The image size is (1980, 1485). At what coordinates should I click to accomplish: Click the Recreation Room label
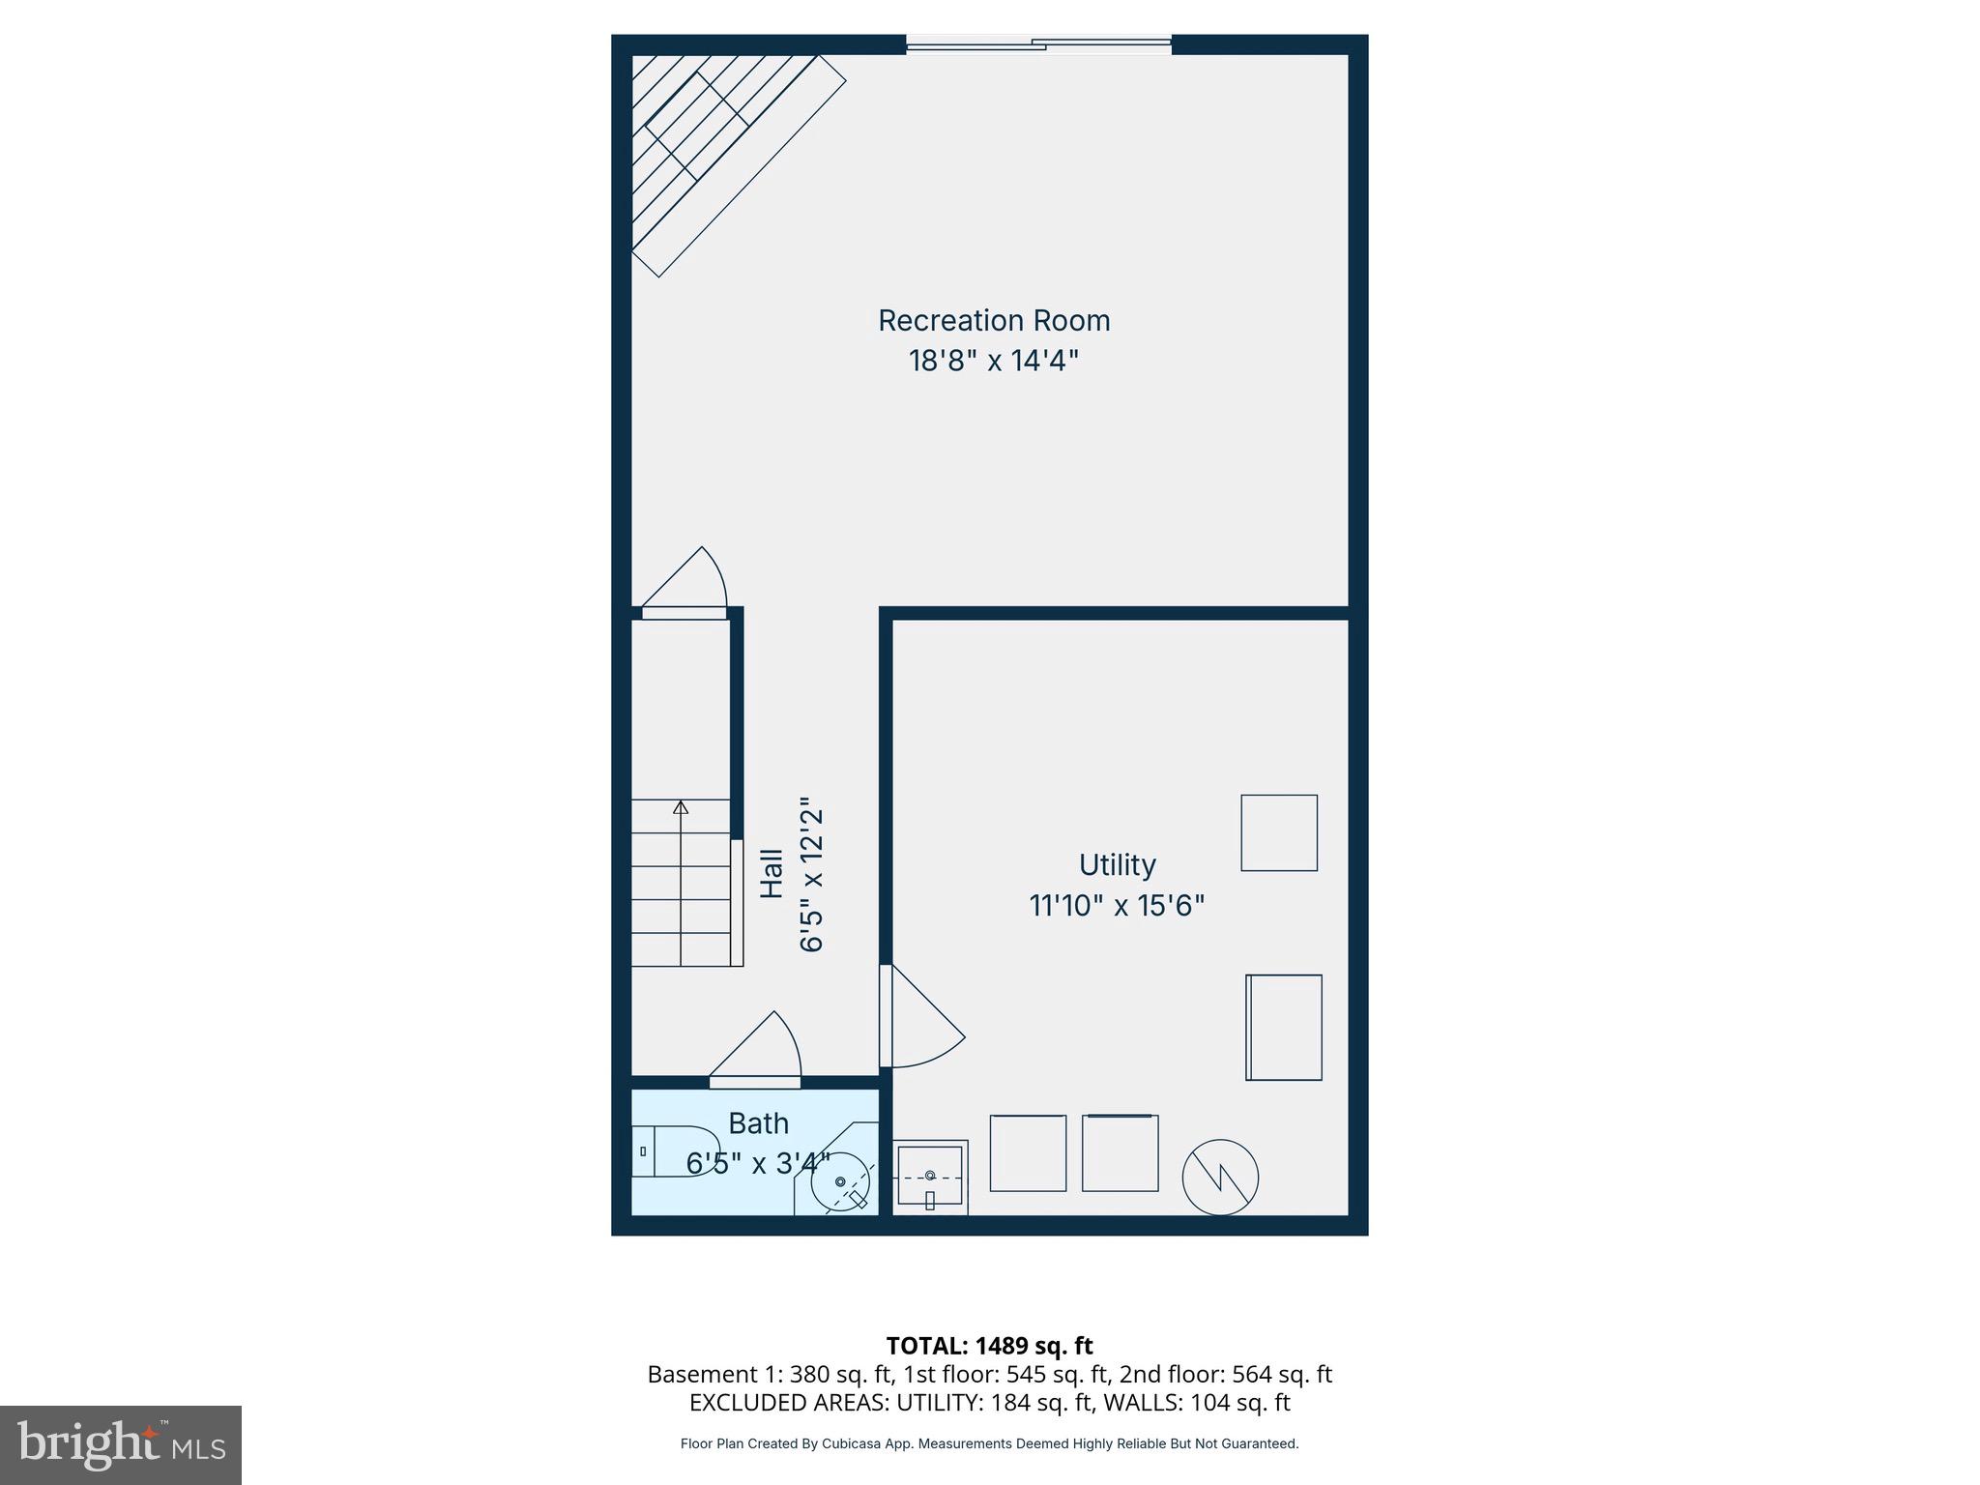click(x=993, y=320)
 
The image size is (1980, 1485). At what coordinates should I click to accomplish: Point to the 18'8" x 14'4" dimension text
click(x=993, y=361)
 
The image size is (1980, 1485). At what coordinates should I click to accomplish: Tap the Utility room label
click(x=1117, y=864)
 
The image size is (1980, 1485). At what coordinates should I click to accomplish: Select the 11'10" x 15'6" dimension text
click(x=1117, y=906)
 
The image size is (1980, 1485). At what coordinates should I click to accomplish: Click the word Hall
click(x=772, y=873)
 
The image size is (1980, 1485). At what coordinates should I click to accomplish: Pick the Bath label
click(x=758, y=1123)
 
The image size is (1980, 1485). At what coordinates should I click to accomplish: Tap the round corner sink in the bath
click(x=839, y=1181)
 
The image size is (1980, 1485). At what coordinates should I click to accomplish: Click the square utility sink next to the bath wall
click(x=929, y=1176)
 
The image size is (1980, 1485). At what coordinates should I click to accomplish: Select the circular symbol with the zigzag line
click(x=1220, y=1178)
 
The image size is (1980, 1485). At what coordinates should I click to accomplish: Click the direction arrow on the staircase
click(x=681, y=808)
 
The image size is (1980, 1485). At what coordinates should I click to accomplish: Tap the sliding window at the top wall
click(x=1038, y=44)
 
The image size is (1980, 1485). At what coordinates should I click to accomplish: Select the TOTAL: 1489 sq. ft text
click(x=989, y=1345)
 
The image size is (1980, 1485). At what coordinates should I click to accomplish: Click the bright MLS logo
click(x=121, y=1444)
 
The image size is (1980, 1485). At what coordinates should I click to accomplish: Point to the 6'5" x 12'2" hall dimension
click(x=811, y=874)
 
